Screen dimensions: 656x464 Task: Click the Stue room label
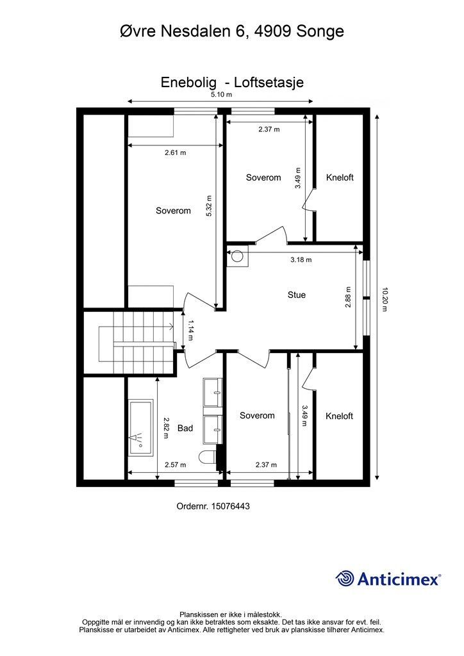pos(296,295)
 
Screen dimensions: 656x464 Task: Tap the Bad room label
pos(185,428)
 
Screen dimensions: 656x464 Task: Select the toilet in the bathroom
pos(208,457)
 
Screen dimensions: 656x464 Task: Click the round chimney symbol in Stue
pos(238,256)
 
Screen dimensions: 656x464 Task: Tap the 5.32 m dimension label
pos(209,205)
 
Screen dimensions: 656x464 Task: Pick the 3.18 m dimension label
pos(301,260)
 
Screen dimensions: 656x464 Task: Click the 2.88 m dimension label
pos(348,297)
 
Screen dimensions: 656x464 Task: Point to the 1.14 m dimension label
pos(190,330)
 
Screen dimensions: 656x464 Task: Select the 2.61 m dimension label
pos(175,152)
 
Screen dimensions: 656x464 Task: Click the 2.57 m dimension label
pos(175,465)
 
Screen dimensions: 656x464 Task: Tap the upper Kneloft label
pos(340,177)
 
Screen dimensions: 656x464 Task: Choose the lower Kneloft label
pos(340,416)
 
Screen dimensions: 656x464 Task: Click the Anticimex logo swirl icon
pos(345,578)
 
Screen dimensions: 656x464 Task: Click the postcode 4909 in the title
pos(271,31)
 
